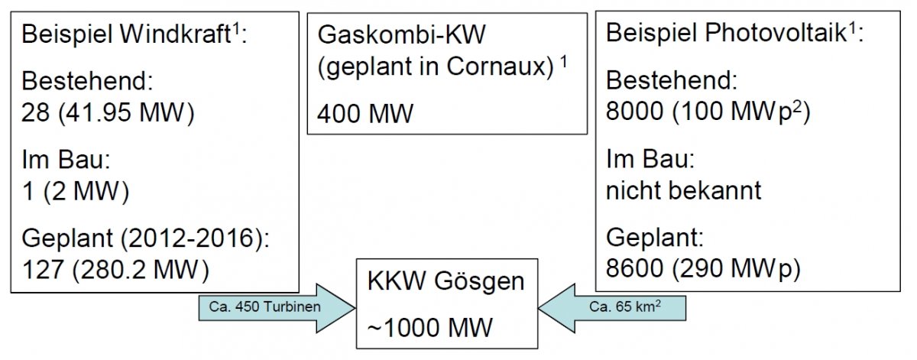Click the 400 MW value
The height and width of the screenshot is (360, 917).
[365, 115]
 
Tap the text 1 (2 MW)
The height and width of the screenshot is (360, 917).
[74, 191]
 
